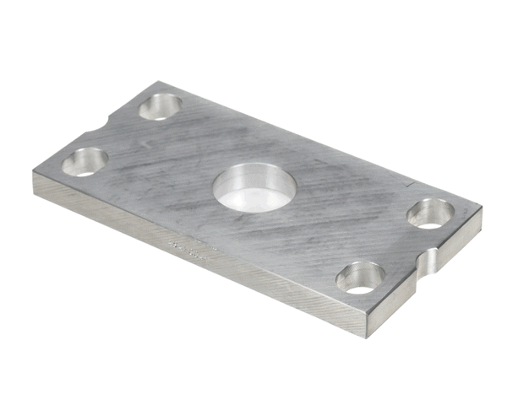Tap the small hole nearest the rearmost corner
(161, 106)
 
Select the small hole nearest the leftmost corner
(84, 160)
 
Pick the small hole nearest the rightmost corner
(431, 213)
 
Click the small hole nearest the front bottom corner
(361, 277)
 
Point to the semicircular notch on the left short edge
(103, 127)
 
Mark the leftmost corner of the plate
(34, 175)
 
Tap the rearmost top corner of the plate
(157, 82)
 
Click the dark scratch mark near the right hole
(410, 183)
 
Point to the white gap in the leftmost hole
(83, 170)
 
